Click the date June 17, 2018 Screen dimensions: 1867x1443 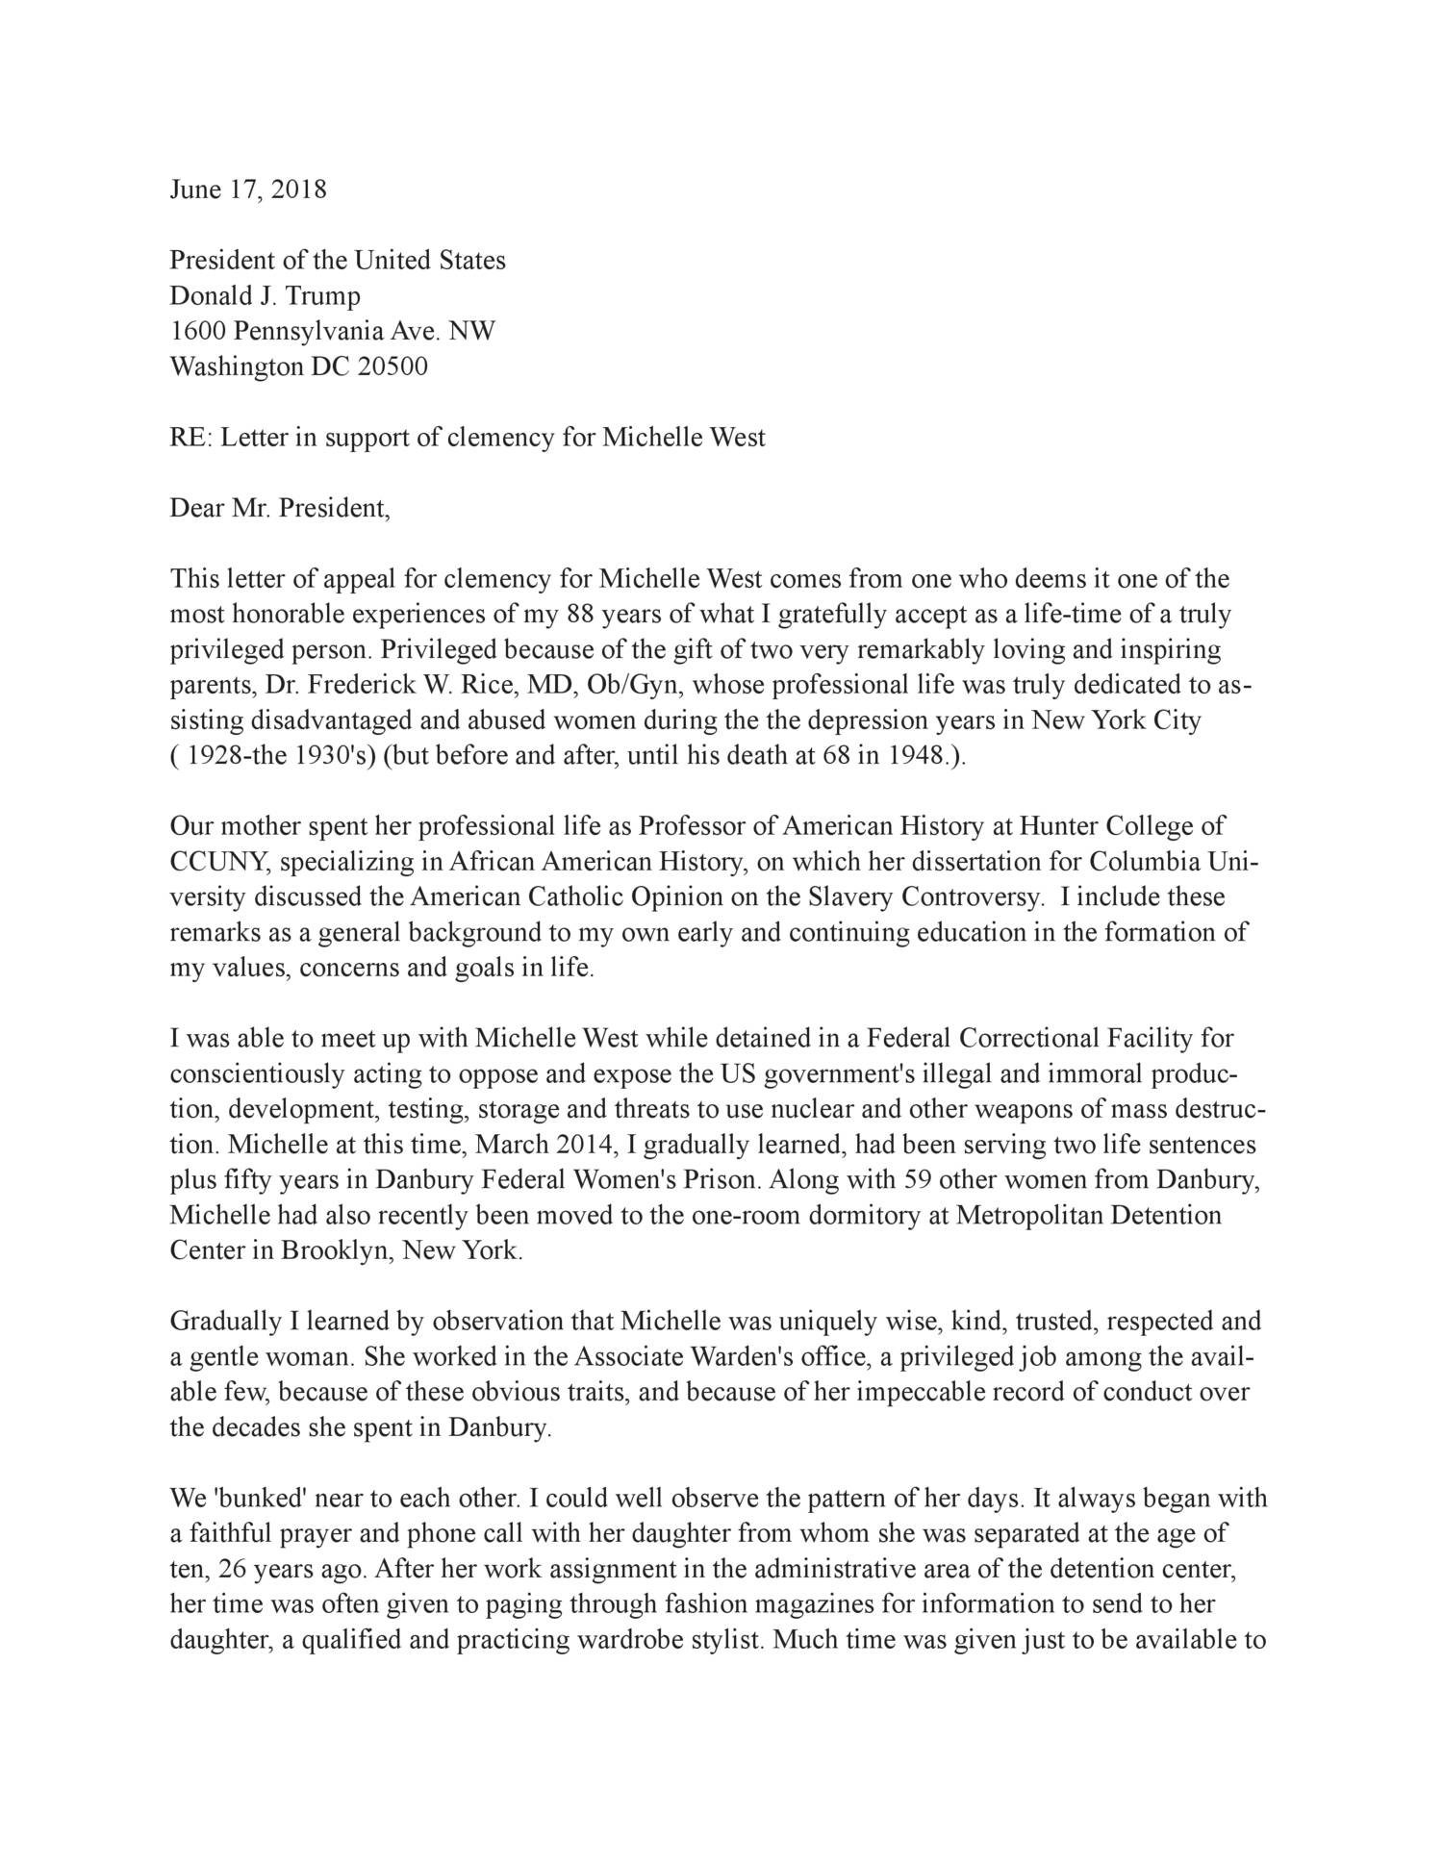248,189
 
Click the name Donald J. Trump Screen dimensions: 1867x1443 265,296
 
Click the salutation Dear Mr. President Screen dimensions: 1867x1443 280,508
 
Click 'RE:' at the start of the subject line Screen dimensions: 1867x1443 190,438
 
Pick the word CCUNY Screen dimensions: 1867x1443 210,862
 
